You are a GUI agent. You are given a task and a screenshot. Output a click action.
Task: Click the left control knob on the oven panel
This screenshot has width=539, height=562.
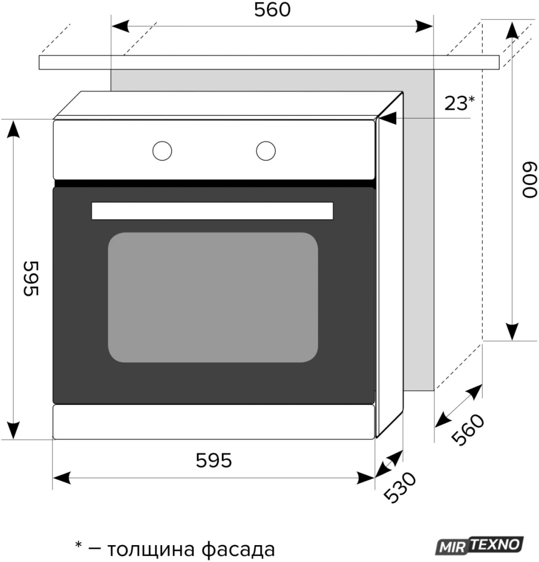(x=162, y=151)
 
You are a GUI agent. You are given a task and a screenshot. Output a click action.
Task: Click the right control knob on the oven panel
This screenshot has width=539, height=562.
(x=266, y=151)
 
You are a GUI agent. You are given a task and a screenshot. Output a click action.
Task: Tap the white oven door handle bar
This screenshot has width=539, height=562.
(x=212, y=210)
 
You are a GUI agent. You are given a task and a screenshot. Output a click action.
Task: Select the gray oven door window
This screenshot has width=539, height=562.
(x=213, y=297)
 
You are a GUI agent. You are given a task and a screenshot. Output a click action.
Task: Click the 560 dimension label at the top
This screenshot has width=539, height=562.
(x=272, y=10)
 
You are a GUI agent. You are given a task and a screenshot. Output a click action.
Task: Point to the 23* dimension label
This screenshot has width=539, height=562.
(x=459, y=103)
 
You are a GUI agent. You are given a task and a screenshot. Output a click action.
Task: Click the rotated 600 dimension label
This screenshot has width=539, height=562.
(x=530, y=180)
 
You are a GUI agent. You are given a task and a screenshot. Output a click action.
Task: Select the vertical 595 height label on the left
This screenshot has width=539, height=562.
(x=31, y=278)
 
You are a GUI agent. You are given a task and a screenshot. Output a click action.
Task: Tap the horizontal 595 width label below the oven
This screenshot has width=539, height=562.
(x=214, y=460)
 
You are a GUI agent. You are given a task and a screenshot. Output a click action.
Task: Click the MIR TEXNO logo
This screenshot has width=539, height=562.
(x=480, y=545)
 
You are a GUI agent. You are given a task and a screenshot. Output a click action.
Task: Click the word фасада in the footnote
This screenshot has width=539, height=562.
(x=238, y=549)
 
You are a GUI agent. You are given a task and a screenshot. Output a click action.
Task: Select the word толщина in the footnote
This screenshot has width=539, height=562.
(x=151, y=549)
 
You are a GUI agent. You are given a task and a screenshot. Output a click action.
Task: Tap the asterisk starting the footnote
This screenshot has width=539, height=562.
(x=78, y=545)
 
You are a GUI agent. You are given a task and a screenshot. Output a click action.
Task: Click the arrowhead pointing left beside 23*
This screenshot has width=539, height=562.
(x=388, y=118)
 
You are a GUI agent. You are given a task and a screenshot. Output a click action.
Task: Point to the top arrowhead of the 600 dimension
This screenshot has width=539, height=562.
(x=512, y=30)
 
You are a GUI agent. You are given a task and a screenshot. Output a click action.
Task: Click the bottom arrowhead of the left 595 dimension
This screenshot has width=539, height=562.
(x=13, y=431)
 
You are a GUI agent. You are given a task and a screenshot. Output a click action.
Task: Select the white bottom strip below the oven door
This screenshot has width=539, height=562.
(x=214, y=421)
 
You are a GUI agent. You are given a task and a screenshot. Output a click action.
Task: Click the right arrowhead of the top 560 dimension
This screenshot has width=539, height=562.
(x=425, y=26)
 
